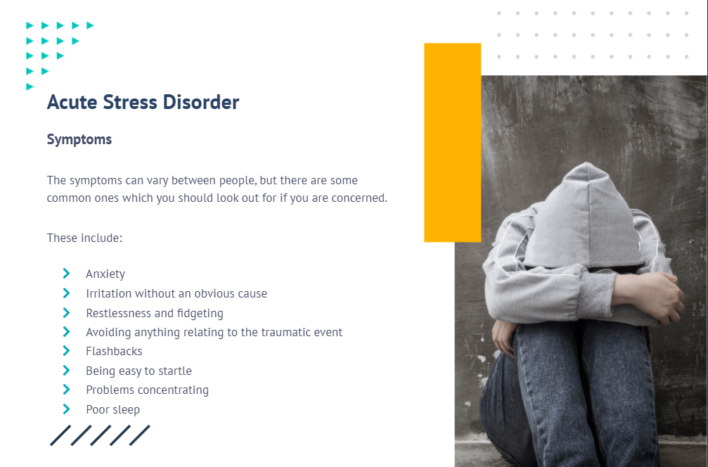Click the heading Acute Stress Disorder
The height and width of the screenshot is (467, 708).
143,102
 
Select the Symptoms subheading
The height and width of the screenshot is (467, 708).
79,139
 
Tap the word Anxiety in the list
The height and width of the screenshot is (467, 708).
105,274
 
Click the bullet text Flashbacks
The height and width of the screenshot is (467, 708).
114,352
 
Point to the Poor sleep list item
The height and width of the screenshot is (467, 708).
113,409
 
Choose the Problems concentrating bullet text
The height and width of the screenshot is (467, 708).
147,390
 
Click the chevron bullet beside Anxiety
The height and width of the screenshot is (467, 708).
66,274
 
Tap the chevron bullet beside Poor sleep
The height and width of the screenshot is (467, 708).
66,409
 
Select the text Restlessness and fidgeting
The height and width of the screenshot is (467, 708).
155,314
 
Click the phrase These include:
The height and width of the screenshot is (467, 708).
84,238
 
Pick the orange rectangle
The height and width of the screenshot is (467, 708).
453,142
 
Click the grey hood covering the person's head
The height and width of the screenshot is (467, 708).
585,217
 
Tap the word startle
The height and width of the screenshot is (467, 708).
174,371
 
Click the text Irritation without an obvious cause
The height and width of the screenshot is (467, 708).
176,293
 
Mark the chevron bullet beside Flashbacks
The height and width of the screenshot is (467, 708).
66,350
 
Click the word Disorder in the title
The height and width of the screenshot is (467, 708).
201,102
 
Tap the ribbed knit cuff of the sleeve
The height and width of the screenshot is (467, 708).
597,296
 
